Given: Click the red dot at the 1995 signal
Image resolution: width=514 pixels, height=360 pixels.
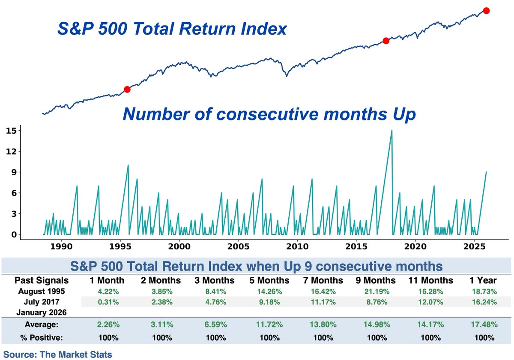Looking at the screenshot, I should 127,89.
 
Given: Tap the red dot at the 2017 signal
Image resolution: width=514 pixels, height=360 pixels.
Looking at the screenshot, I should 385,41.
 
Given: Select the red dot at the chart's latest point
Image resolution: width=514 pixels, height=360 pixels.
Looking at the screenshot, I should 486,10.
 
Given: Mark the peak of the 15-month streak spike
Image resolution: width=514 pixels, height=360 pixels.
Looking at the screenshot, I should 391,130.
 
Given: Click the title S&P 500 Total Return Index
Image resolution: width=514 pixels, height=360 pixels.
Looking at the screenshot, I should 172,29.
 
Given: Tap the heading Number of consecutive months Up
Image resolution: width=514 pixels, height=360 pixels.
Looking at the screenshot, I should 269,114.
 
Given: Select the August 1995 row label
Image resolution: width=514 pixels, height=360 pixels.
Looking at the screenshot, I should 42,291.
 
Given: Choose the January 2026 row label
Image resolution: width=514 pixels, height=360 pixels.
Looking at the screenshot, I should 42,312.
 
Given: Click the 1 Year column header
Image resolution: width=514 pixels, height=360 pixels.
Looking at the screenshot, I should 483,281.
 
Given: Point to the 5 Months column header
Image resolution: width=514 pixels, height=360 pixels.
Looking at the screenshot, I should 270,281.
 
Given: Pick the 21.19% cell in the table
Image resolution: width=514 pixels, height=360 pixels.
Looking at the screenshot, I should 377,291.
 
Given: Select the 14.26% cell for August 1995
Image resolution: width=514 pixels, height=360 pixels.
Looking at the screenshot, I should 270,291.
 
